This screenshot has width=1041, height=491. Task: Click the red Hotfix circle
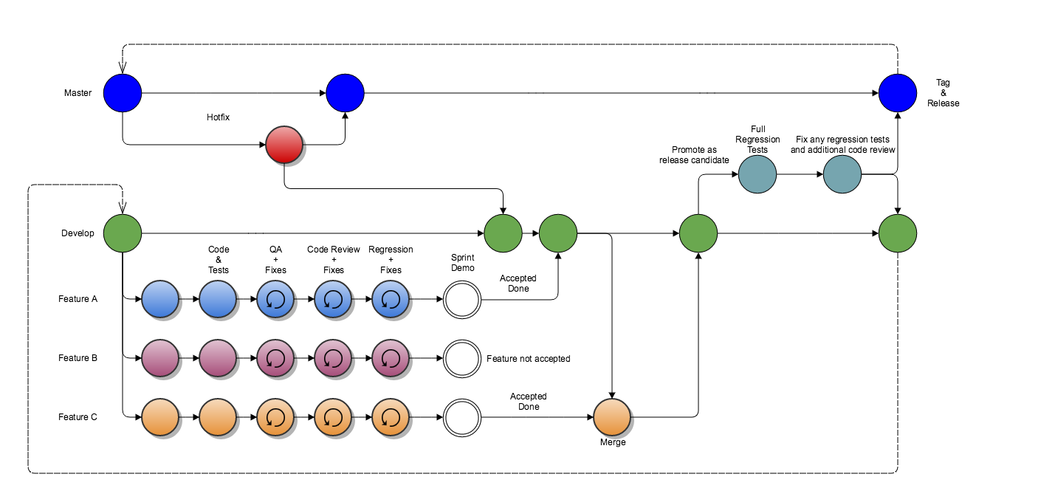284,145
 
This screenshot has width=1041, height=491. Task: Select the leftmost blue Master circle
123,93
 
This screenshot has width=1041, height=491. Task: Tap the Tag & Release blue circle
897,93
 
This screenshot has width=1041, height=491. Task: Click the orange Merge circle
612,417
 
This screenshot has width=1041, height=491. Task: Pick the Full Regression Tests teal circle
757,174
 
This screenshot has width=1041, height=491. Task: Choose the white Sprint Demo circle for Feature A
462,299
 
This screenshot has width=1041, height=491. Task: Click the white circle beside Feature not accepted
462,358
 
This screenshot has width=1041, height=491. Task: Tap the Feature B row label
78,358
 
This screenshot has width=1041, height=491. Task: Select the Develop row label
78,233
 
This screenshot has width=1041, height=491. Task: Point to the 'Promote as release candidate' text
694,155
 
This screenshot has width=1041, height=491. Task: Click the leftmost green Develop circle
123,233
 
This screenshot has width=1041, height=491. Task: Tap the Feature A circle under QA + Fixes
275,299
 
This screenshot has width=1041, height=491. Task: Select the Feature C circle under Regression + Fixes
391,417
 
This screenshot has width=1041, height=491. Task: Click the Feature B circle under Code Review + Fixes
333,358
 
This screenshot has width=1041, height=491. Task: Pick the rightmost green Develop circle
897,233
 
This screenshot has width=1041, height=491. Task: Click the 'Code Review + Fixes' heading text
334,260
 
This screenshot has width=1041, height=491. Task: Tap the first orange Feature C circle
160,417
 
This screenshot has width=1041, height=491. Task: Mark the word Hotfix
219,117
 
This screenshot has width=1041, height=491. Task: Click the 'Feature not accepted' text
528,359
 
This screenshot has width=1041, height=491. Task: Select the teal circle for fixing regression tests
842,174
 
